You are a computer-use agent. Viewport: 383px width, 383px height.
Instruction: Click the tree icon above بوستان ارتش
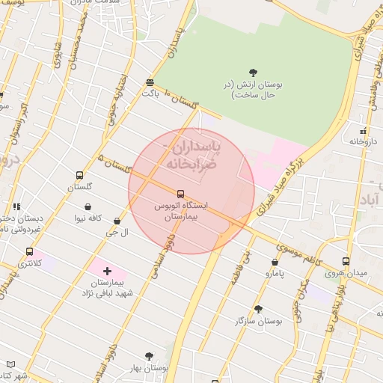253,73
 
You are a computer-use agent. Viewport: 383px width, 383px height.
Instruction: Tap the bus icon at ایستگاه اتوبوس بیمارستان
180,193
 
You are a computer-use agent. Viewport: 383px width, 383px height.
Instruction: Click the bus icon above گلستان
79,176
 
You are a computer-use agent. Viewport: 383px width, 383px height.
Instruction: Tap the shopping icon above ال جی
117,221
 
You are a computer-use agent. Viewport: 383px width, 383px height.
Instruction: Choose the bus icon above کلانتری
29,252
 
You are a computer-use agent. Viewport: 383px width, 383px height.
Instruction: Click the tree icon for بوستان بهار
148,357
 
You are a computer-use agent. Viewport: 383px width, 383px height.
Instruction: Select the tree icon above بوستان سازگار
258,309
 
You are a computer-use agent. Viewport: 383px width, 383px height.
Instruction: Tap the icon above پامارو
275,263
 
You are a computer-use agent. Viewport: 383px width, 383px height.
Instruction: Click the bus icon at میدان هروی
346,261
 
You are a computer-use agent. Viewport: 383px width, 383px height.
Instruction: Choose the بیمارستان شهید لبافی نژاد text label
107,288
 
